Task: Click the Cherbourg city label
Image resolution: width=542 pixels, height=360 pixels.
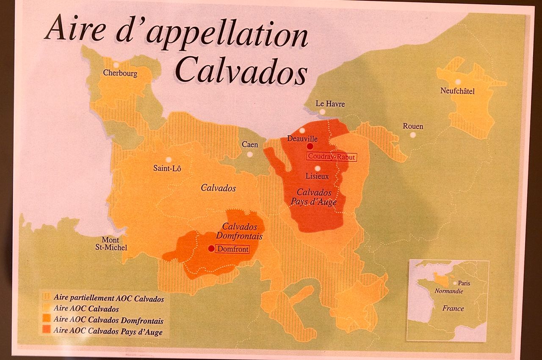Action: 120,73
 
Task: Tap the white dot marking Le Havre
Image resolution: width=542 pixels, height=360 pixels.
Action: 322,112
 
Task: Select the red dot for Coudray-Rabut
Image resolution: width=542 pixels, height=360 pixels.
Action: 310,146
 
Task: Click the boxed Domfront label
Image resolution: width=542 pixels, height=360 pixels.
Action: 232,249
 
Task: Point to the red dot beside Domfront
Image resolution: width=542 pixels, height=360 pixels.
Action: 211,249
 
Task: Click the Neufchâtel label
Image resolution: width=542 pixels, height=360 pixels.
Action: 457,91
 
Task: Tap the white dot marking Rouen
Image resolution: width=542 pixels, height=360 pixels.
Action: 413,135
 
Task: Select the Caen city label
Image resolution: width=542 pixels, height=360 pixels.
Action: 250,145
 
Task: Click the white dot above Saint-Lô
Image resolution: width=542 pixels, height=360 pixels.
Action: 169,160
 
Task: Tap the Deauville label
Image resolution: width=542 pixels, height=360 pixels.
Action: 302,138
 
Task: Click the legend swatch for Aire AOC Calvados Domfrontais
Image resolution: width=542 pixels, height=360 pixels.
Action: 46,320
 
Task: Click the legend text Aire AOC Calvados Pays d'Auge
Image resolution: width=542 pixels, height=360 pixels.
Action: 108,332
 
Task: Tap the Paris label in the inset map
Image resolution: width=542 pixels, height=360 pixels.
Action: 464,283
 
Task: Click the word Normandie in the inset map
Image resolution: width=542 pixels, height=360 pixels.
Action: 448,291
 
